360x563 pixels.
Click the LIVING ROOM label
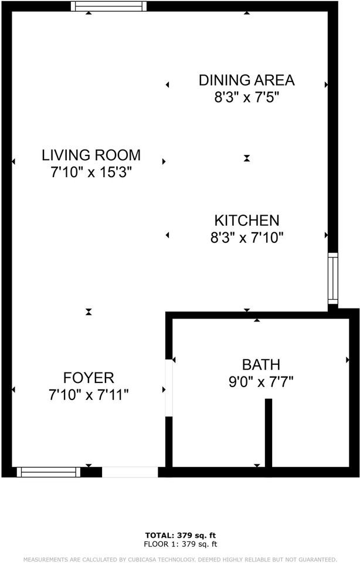(x=91, y=155)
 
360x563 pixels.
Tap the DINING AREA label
(x=246, y=80)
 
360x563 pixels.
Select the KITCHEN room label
(x=246, y=221)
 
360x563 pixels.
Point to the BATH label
(x=261, y=364)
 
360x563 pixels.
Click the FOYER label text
(x=89, y=378)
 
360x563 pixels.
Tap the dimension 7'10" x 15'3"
(x=91, y=172)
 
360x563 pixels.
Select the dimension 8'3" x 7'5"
(x=246, y=97)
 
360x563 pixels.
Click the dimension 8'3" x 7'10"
(x=246, y=238)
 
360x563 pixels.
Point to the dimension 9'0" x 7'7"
(x=261, y=382)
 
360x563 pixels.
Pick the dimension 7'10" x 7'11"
(x=89, y=395)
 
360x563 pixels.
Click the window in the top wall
(x=108, y=6)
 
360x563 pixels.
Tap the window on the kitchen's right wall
(x=333, y=279)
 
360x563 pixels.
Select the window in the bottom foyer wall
(x=48, y=472)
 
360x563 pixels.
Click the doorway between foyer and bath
(x=169, y=388)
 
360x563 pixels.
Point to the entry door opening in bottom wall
(x=130, y=472)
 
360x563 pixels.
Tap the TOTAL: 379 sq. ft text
(x=181, y=535)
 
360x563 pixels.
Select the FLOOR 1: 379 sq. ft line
(x=181, y=543)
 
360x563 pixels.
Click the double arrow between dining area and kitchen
(x=247, y=158)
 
